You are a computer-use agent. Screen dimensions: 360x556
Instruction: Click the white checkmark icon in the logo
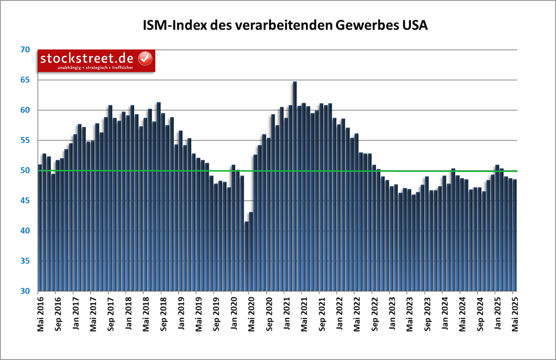(x=146, y=59)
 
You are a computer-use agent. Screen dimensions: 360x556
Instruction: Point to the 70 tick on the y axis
(x=24, y=50)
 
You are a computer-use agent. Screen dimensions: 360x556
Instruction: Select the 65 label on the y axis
(x=24, y=80)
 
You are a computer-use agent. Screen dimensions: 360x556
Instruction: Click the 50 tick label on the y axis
(x=24, y=171)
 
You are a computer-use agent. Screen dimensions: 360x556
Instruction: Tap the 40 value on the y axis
(x=24, y=231)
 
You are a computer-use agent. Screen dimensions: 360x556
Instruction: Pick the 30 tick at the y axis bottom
(x=24, y=291)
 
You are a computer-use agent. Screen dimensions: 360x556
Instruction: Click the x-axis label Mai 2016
(x=40, y=313)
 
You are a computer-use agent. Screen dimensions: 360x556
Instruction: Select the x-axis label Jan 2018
(x=128, y=313)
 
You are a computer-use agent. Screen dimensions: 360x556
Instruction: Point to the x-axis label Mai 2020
(x=251, y=313)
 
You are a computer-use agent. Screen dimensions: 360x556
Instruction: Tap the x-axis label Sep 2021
(x=321, y=313)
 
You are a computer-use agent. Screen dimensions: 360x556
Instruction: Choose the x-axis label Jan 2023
(x=392, y=313)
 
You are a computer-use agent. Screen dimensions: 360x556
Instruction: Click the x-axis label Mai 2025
(x=514, y=313)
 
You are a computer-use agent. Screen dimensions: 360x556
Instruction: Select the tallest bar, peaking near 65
(x=294, y=188)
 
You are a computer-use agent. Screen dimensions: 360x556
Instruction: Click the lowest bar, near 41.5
(x=246, y=256)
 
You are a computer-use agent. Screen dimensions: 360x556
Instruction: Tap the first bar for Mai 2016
(x=40, y=227)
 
